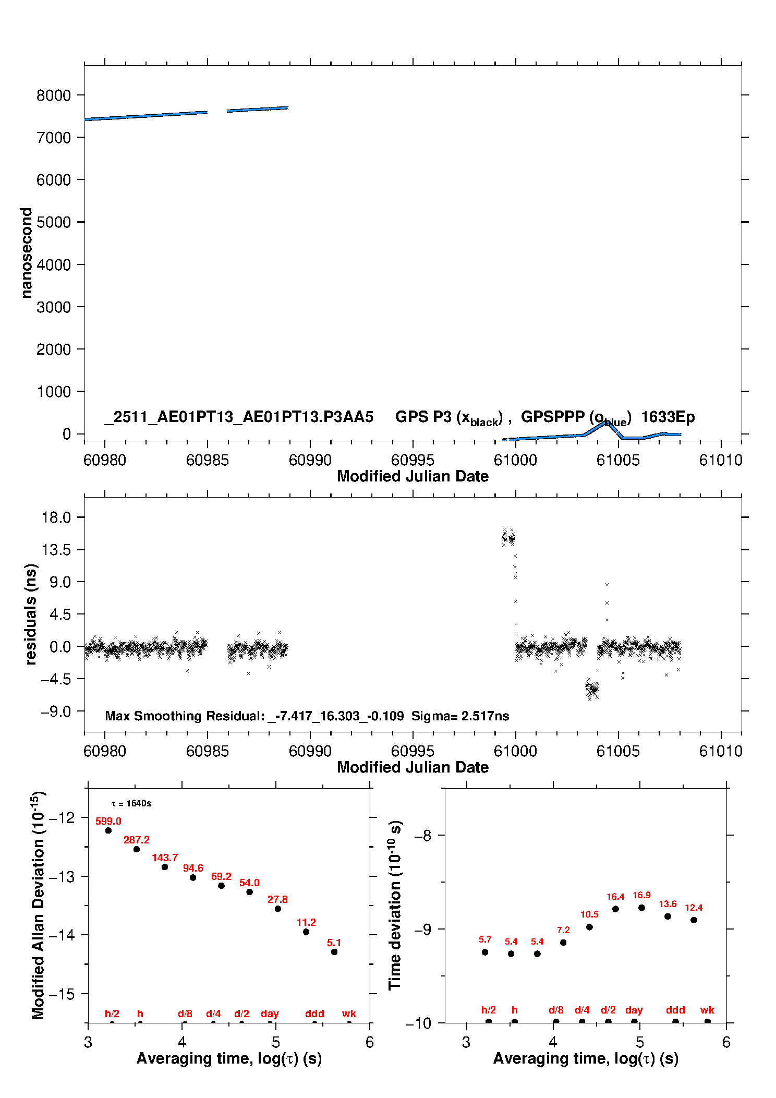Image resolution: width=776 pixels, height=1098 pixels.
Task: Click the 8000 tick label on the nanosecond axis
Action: click(53, 95)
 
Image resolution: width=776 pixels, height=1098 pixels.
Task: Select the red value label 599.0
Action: click(108, 821)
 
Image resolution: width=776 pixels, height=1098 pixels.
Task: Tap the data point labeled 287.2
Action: click(137, 849)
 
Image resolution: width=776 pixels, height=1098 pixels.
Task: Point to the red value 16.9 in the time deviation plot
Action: click(641, 895)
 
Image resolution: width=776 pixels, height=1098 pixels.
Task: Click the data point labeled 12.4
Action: click(694, 920)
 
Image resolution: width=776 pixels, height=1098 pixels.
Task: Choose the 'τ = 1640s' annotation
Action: click(131, 803)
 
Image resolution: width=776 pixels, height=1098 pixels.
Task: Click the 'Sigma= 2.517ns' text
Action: click(460, 716)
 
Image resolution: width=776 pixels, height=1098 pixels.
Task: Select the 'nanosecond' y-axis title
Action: click(26, 252)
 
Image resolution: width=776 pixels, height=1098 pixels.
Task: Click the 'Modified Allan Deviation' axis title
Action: click(38, 905)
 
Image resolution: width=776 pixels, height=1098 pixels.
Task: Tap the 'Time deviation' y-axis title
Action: click(395, 905)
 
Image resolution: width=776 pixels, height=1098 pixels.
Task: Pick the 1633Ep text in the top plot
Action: click(668, 417)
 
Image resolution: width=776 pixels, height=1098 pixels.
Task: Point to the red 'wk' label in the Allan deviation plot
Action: click(349, 1013)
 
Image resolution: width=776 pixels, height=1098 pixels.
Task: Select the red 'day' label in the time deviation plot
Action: click(634, 1010)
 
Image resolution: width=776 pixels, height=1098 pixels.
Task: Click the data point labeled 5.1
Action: click(334, 951)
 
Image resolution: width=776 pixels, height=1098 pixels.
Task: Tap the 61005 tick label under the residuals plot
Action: click(618, 751)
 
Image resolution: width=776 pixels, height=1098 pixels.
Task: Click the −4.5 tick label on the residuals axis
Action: click(56, 679)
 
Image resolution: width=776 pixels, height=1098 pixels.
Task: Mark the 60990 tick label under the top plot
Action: click(310, 460)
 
